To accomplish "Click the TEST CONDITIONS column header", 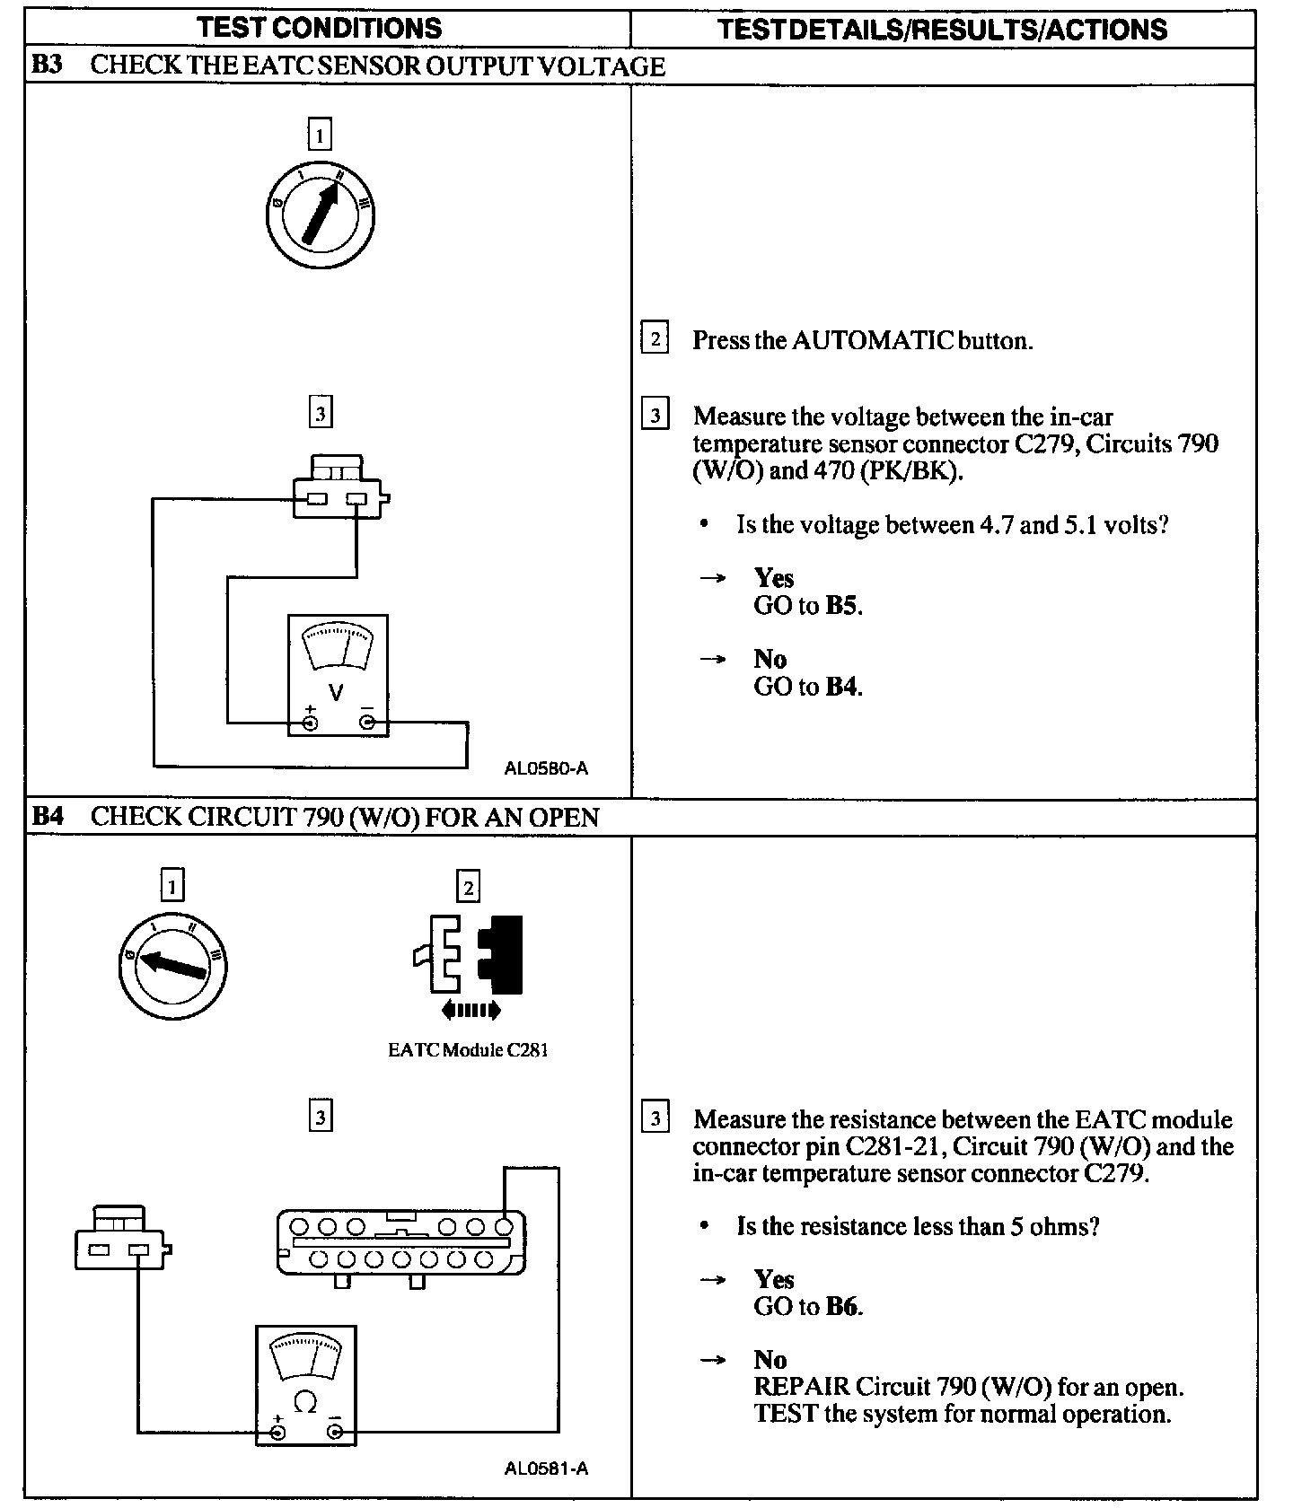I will (x=320, y=28).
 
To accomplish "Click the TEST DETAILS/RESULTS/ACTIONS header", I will (x=943, y=29).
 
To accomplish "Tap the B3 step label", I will (x=47, y=66).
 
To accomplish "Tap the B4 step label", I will (x=47, y=817).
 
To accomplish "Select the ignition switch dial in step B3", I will (x=321, y=215).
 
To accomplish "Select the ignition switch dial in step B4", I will (x=172, y=966).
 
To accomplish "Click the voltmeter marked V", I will (x=338, y=675).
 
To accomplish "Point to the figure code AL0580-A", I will (x=546, y=768).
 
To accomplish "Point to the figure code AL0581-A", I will (x=546, y=1469).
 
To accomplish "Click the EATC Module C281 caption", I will (x=468, y=1049).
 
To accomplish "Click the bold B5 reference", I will (x=843, y=606).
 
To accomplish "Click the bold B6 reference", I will (x=843, y=1307).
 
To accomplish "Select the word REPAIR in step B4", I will (x=801, y=1387).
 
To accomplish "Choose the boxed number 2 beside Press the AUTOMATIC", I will (x=655, y=340).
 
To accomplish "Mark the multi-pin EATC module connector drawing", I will (x=401, y=1241).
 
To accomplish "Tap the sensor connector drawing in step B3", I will (x=339, y=489).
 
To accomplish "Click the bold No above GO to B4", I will (x=770, y=659).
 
